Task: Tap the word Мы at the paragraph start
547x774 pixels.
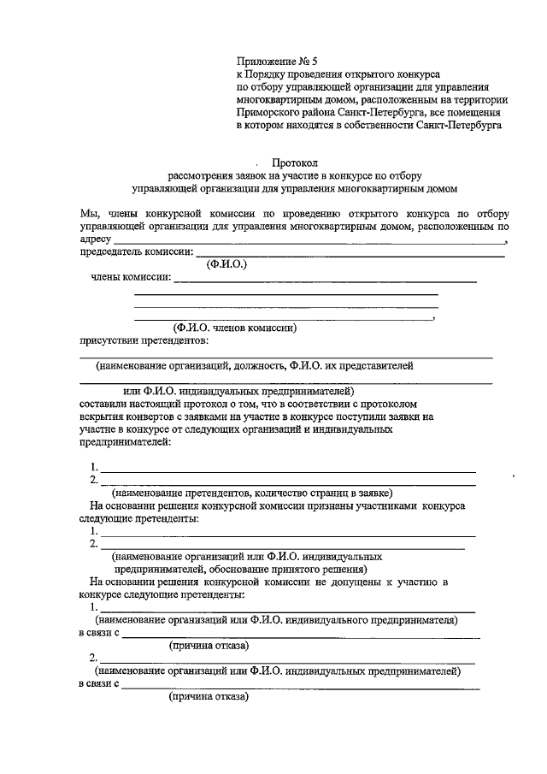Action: (88, 212)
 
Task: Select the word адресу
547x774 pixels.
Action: (95, 239)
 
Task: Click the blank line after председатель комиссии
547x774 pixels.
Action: (350, 254)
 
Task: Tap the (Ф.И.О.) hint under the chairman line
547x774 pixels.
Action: (226, 265)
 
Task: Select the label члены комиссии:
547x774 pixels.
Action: (130, 277)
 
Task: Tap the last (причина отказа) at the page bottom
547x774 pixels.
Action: (209, 697)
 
